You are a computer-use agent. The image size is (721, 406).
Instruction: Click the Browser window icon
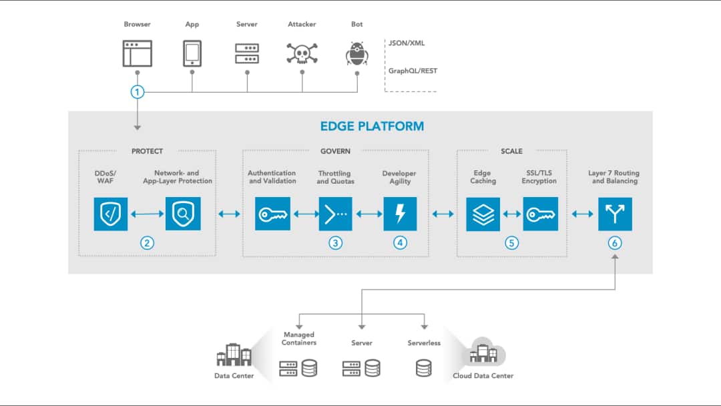point(137,53)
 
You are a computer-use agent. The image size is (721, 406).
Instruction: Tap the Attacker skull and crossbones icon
point(302,54)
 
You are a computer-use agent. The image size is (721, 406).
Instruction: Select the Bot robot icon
point(356,53)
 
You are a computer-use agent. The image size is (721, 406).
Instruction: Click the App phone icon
point(192,53)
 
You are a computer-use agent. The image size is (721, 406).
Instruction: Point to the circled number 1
point(137,91)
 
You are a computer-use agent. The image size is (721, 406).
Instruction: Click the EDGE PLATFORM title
point(372,126)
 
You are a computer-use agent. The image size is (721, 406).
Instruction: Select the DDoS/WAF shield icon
point(111,214)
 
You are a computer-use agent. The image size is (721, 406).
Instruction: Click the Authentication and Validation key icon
point(272,214)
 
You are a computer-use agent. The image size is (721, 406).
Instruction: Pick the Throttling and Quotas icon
point(335,214)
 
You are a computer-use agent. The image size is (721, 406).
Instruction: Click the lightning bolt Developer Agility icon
point(400,214)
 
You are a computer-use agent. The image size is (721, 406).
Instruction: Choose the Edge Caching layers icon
point(483,214)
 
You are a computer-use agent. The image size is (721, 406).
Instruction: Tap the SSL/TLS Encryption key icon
point(540,214)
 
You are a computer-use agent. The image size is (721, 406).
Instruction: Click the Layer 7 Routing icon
point(614,214)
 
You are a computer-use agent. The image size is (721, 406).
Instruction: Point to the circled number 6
point(614,243)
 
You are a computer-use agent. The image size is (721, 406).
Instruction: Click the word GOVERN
point(335,152)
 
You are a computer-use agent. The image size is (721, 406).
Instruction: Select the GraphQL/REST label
point(413,71)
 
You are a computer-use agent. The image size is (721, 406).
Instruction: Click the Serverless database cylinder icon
point(423,368)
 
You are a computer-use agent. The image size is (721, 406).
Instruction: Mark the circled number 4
point(400,243)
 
